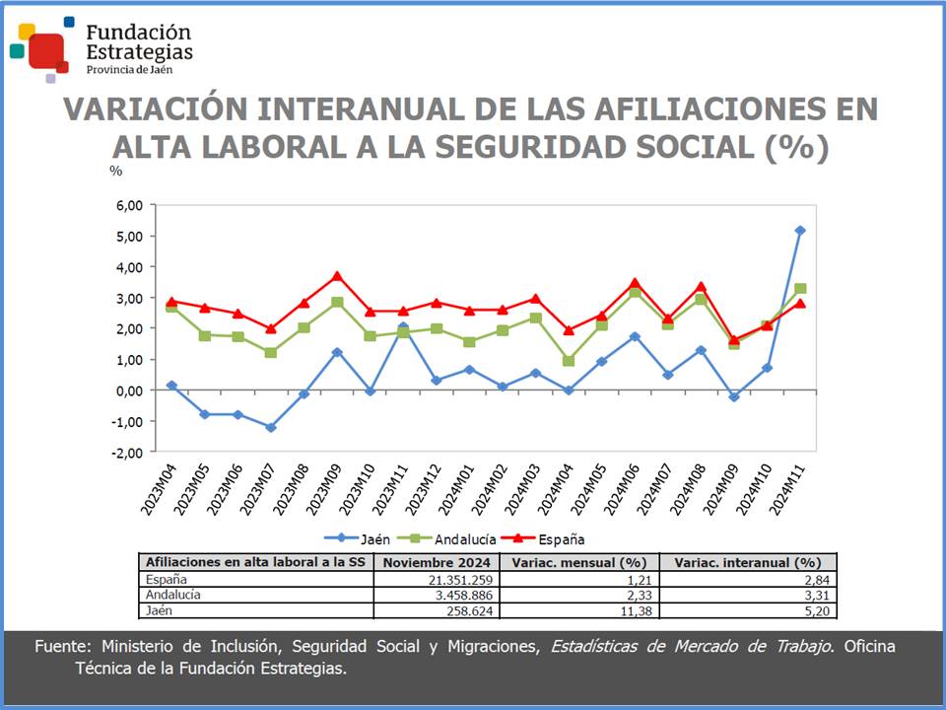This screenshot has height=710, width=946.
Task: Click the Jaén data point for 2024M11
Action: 800,231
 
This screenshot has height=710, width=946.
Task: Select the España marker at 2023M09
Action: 337,276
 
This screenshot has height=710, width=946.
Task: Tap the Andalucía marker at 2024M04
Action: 569,361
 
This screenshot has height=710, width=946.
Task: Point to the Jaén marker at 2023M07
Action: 271,427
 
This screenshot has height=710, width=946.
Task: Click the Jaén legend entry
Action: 359,538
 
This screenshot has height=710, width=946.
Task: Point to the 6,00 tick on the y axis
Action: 129,205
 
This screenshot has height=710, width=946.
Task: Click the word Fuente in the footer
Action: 62,647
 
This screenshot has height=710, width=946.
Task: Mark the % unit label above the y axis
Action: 115,171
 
